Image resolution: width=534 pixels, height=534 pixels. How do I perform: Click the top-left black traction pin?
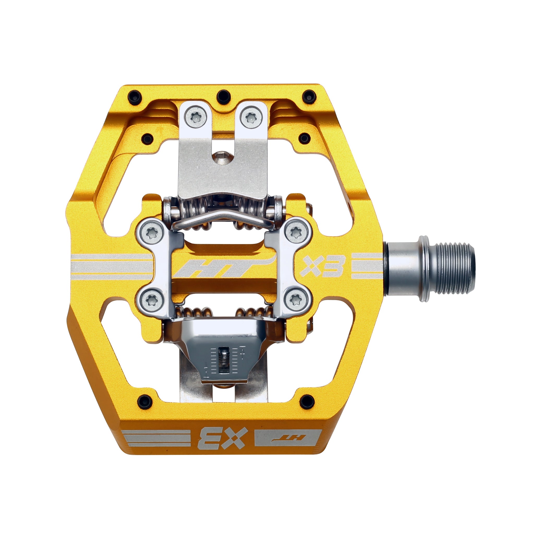pyautogui.click(x=135, y=97)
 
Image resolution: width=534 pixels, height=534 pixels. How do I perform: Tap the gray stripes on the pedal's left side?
pyautogui.click(x=112, y=266)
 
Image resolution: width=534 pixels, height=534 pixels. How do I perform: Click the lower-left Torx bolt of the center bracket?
pyautogui.click(x=151, y=300)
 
